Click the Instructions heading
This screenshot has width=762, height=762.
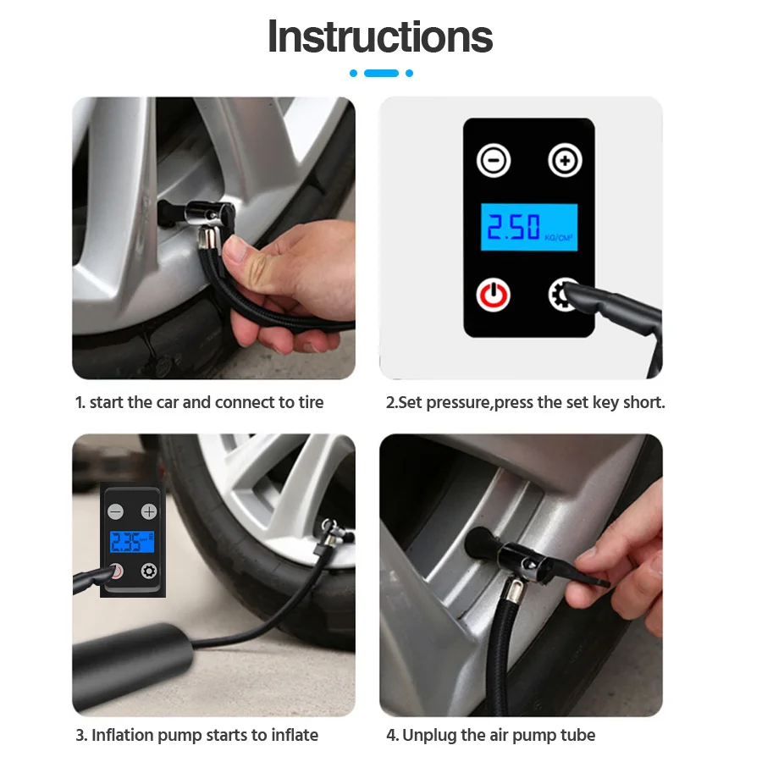click(x=380, y=36)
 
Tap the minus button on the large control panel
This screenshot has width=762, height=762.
click(x=493, y=160)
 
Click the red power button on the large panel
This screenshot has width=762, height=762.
click(x=493, y=295)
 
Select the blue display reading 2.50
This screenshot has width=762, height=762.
click(x=529, y=227)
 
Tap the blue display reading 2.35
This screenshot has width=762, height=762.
click(x=132, y=542)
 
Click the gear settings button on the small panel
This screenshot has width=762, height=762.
click(x=149, y=571)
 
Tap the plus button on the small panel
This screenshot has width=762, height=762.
click(x=149, y=511)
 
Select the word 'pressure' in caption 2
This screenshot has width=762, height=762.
click(x=458, y=402)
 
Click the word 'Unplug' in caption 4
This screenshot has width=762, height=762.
click(x=429, y=735)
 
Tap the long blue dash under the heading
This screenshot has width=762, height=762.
click(x=381, y=74)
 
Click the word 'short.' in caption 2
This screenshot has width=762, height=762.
click(x=643, y=402)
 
